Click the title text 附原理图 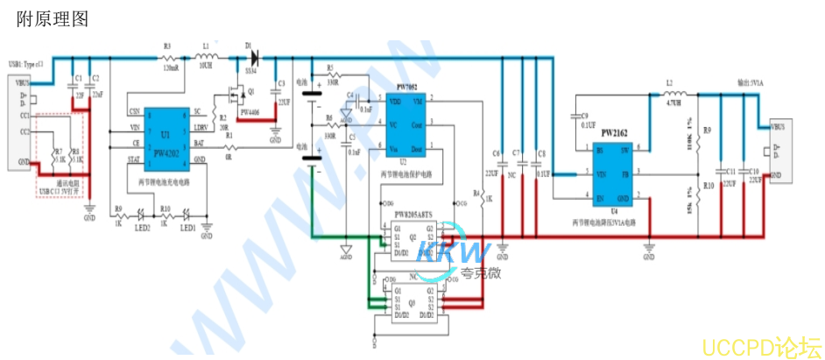click(53, 18)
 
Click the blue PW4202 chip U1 click(166, 136)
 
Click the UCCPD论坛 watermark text click(761, 344)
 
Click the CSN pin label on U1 click(133, 112)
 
